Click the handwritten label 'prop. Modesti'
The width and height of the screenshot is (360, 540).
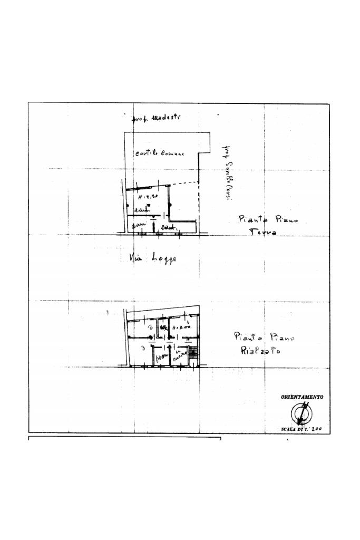pyautogui.click(x=156, y=118)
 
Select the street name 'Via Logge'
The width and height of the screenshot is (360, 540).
pyautogui.click(x=153, y=258)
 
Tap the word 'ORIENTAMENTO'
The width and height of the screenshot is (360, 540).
pyautogui.click(x=302, y=397)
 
